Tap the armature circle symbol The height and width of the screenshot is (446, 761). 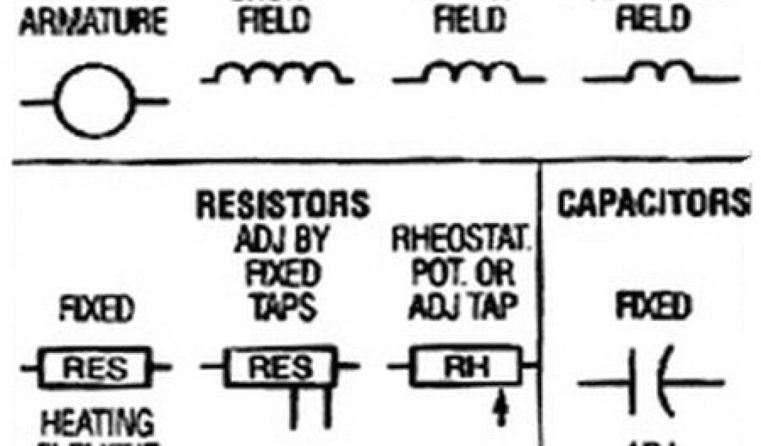(x=95, y=101)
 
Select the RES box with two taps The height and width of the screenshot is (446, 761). (x=279, y=366)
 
